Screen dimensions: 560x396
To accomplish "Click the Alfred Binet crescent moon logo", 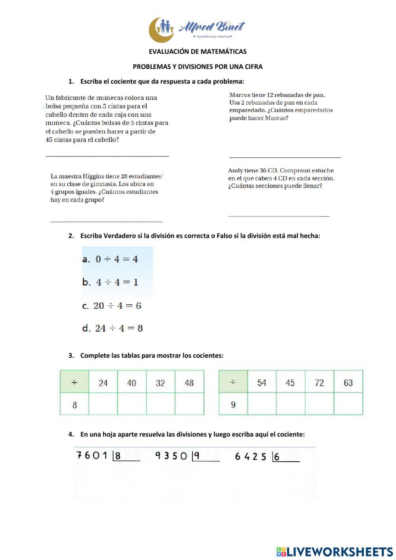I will tap(161, 30).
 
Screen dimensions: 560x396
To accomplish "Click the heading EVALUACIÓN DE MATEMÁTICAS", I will tap(198, 52).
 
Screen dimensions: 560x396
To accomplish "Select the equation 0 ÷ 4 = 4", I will tap(110, 259).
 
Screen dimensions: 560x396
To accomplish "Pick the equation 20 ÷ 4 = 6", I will tap(112, 306).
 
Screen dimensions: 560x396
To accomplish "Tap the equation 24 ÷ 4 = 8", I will tap(113, 328).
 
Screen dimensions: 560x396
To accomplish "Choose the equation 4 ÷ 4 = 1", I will tap(110, 282).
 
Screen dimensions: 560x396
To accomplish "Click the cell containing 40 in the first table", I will tap(131, 383).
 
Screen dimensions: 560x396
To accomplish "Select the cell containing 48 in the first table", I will tap(189, 383).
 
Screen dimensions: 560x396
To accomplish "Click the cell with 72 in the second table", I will tap(319, 383).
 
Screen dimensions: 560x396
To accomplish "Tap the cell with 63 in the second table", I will tap(348, 383).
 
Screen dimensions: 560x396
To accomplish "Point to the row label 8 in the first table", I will tap(74, 405).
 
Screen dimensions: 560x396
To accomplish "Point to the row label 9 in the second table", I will tap(233, 405).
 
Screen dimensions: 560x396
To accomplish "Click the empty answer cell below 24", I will tap(103, 404).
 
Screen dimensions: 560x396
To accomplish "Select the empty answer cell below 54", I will tap(262, 404).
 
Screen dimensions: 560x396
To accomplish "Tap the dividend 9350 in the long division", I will tap(171, 456).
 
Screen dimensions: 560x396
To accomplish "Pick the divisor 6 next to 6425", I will tap(277, 457).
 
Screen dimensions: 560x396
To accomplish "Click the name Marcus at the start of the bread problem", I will tap(240, 95).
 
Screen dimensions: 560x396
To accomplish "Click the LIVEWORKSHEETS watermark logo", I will tap(335, 551).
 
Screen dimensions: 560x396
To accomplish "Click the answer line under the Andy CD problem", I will tap(279, 216).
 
